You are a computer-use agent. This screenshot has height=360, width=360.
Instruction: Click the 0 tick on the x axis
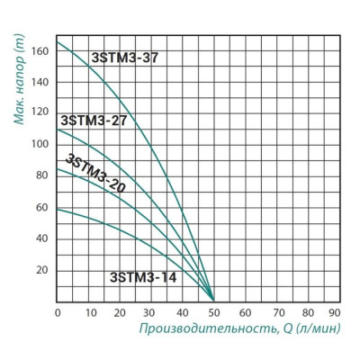(58, 311)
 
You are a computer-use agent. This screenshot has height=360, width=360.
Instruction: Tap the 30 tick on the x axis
(151, 311)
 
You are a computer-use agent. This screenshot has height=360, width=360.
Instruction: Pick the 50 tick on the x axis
(214, 311)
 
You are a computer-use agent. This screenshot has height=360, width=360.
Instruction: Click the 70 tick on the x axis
(276, 311)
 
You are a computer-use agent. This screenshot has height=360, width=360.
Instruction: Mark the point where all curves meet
(214, 301)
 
